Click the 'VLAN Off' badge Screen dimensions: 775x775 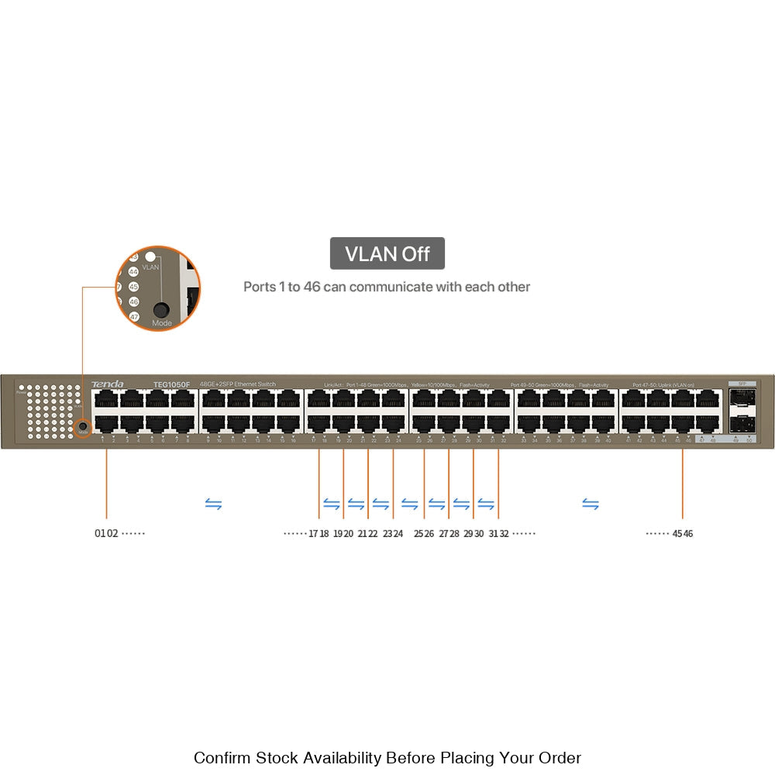387,253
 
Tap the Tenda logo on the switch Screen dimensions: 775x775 107,384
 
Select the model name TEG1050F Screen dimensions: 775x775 171,384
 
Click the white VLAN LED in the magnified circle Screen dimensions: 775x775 151,257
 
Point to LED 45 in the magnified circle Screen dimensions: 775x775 133,287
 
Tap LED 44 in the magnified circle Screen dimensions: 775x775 133,272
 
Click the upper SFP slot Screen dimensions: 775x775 742,399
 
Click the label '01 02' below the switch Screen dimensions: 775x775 106,533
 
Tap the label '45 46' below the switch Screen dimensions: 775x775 683,533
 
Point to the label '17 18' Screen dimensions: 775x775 319,533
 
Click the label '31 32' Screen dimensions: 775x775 498,533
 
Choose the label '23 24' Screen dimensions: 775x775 393,533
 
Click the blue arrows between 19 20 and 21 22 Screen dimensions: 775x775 356,505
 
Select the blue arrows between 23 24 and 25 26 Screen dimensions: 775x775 409,505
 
